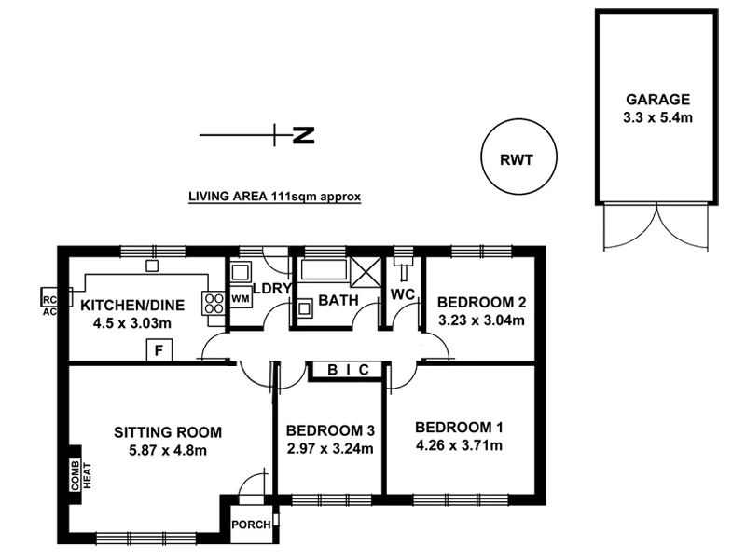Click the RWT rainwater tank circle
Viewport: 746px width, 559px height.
pyautogui.click(x=517, y=159)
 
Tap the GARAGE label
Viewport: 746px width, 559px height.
pyautogui.click(x=657, y=99)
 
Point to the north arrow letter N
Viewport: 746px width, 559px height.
pyautogui.click(x=303, y=136)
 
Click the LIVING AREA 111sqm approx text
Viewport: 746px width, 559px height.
pyautogui.click(x=274, y=197)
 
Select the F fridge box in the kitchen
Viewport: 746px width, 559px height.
pyautogui.click(x=159, y=350)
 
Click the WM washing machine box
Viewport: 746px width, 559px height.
pyautogui.click(x=240, y=299)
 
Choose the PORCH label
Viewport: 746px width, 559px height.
pyautogui.click(x=250, y=525)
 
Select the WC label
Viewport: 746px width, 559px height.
pyautogui.click(x=403, y=294)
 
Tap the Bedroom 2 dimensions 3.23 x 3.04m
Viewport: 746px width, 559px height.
pyautogui.click(x=482, y=320)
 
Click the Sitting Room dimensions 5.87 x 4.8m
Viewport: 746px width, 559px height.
pyautogui.click(x=168, y=450)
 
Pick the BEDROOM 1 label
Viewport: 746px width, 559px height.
pyautogui.click(x=459, y=428)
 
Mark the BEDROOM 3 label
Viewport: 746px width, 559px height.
pyautogui.click(x=330, y=430)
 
